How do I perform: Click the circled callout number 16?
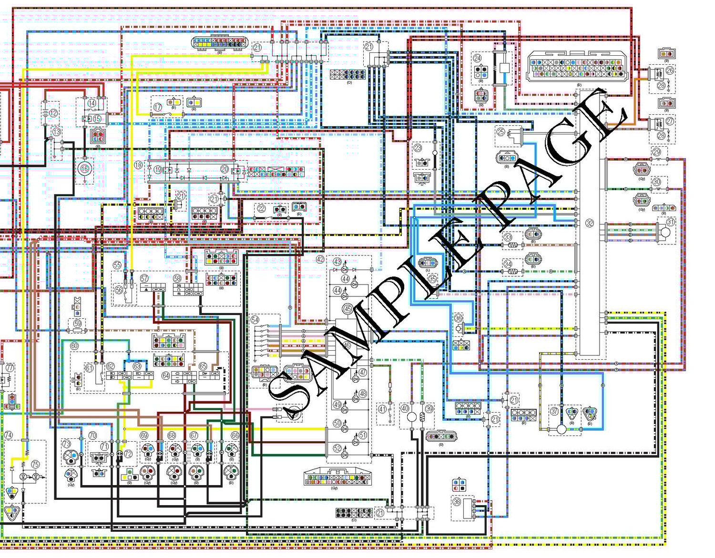click(x=84, y=168)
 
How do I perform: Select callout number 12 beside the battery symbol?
click(x=53, y=113)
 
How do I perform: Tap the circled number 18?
click(x=138, y=165)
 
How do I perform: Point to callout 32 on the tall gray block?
click(x=590, y=223)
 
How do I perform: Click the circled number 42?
click(x=320, y=259)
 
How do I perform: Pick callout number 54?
click(x=255, y=320)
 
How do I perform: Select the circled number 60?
click(x=74, y=345)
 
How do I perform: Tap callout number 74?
click(x=8, y=435)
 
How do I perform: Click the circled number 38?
click(x=457, y=502)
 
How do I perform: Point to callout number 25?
click(x=500, y=132)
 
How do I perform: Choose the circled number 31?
click(x=671, y=222)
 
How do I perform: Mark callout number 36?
click(x=458, y=318)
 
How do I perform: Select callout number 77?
click(x=9, y=367)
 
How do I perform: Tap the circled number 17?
click(x=158, y=108)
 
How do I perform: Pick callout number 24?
click(x=477, y=58)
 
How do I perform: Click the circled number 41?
click(x=382, y=409)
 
